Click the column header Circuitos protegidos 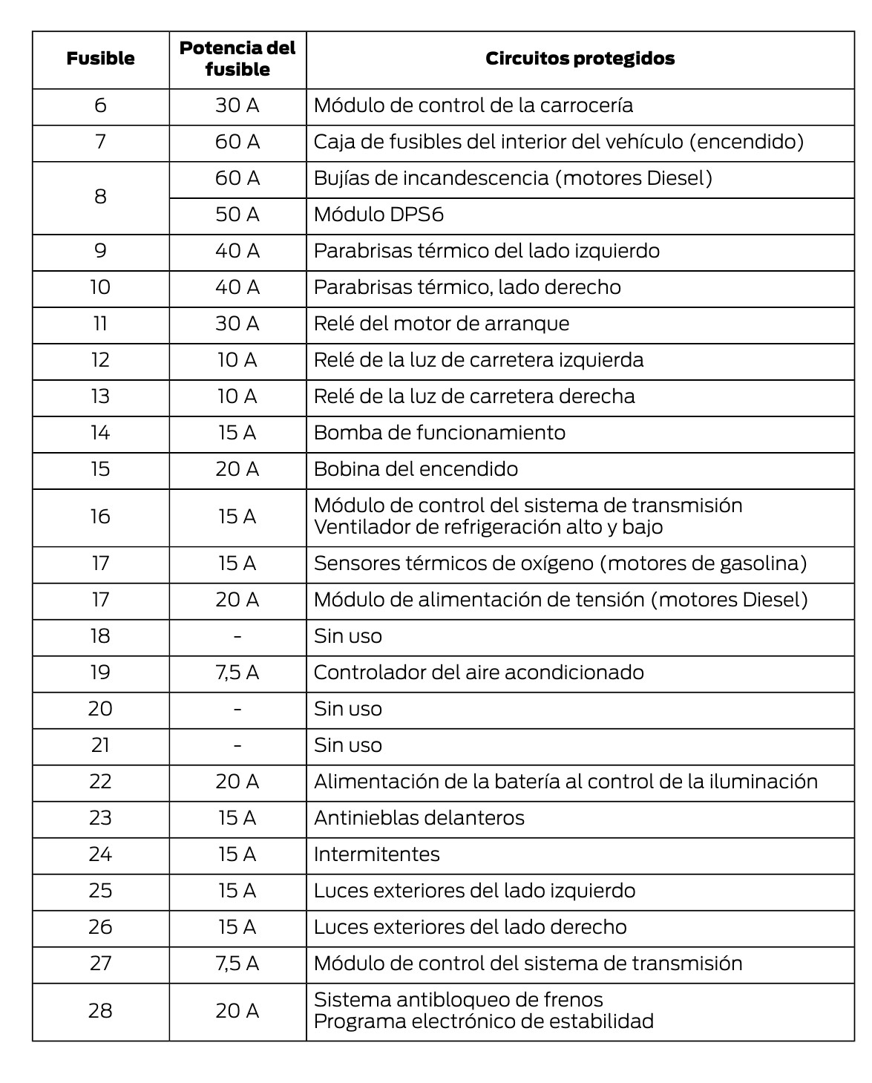(x=580, y=59)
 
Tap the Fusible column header (x=100, y=59)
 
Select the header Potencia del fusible (x=237, y=59)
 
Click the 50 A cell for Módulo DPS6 (x=237, y=215)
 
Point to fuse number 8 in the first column (x=100, y=197)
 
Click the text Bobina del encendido (x=416, y=469)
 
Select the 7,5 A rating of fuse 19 (x=237, y=673)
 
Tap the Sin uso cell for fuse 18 (x=347, y=636)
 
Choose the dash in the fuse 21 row (x=237, y=745)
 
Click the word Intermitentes (x=376, y=854)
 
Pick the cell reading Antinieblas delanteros (x=419, y=818)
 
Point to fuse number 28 (x=100, y=1011)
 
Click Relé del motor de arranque (x=442, y=324)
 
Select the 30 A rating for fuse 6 (x=237, y=105)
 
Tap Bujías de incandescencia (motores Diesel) (x=513, y=178)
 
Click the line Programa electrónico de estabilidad (x=483, y=1021)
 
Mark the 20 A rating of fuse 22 (x=237, y=782)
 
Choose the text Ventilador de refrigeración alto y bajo (x=488, y=527)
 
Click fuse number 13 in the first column (x=100, y=396)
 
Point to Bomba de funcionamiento (x=439, y=433)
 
